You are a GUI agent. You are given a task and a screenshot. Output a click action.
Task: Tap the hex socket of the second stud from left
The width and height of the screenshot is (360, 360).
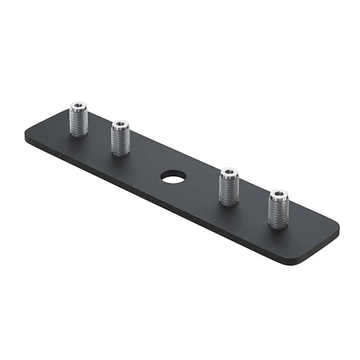click(x=120, y=125)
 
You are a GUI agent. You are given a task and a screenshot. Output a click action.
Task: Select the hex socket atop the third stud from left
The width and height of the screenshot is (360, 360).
click(x=229, y=173)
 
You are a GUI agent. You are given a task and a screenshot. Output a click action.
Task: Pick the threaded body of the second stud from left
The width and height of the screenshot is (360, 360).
click(x=120, y=141)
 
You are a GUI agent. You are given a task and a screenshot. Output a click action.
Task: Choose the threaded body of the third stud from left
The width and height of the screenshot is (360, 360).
click(x=229, y=190)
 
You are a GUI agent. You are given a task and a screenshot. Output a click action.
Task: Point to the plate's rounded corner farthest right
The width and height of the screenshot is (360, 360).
click(x=336, y=227)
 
